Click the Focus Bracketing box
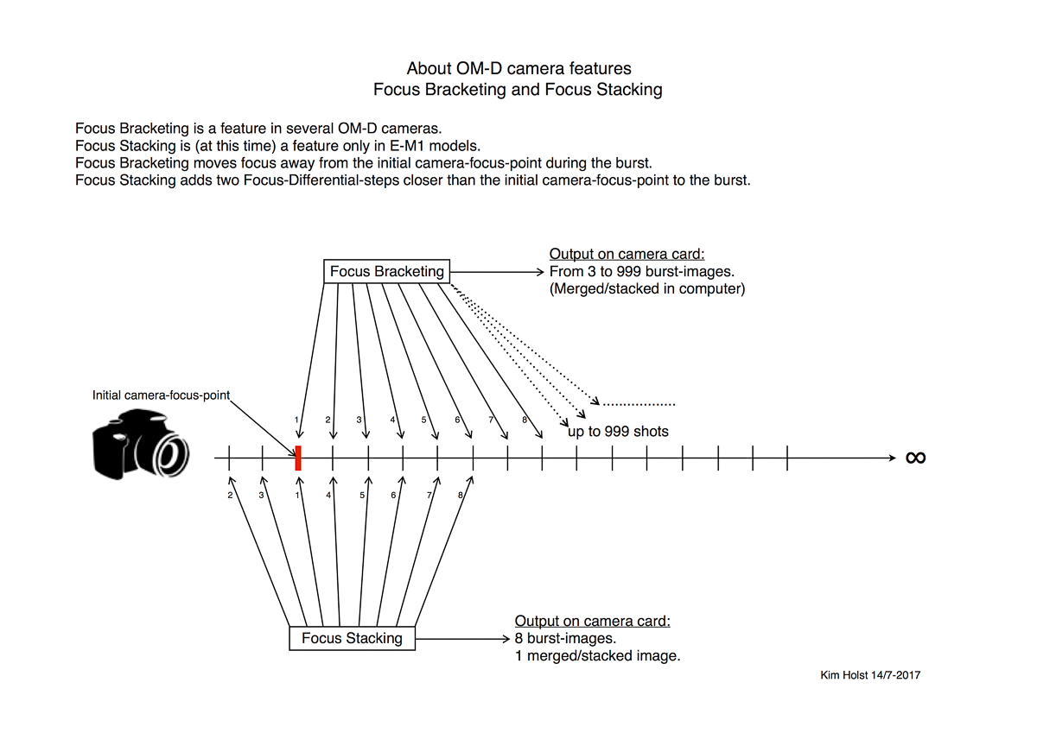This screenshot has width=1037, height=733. [x=386, y=271]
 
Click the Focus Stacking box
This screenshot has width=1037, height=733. [x=352, y=639]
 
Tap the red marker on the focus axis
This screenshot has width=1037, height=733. [x=298, y=458]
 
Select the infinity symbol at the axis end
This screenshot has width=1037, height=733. [x=915, y=458]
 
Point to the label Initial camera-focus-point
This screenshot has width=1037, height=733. [x=162, y=395]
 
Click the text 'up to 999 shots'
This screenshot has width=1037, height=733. [x=619, y=432]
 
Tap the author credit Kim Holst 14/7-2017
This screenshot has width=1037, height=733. [x=870, y=675]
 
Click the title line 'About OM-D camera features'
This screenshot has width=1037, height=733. [x=518, y=68]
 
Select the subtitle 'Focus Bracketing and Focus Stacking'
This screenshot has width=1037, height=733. [x=518, y=90]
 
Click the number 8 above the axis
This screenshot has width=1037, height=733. [x=525, y=420]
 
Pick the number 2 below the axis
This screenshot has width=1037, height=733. [x=230, y=496]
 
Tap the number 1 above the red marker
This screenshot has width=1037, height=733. [x=296, y=420]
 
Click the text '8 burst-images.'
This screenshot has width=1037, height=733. [x=565, y=639]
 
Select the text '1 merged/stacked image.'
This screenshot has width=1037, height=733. [x=597, y=656]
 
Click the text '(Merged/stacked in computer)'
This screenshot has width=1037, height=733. [x=646, y=289]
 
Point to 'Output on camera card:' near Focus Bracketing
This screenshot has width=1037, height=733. [x=627, y=254]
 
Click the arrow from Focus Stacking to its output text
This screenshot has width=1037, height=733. [x=462, y=640]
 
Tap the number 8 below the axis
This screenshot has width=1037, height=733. [x=461, y=496]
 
